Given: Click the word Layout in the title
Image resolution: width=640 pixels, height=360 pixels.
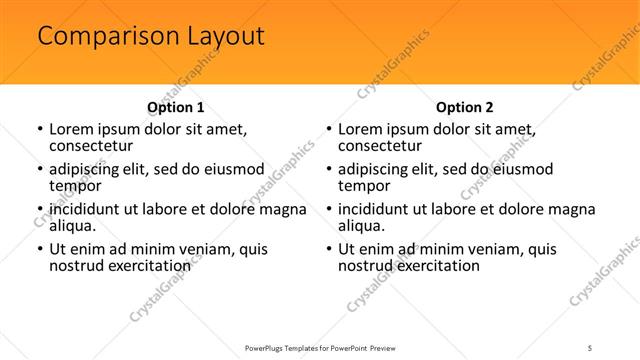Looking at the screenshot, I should (x=222, y=38).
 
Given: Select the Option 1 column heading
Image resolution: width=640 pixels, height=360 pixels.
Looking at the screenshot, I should (x=175, y=107).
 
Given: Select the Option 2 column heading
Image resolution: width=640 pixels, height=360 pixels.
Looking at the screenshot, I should (x=464, y=107).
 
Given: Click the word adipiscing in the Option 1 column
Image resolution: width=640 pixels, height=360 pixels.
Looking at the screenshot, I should (x=88, y=168).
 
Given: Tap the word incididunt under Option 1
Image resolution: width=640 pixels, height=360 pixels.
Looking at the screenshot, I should (x=88, y=209).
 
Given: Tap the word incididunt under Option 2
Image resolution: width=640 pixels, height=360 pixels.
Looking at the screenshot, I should (x=377, y=209).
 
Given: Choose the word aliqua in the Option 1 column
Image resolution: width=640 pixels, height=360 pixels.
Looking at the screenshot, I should (x=72, y=226).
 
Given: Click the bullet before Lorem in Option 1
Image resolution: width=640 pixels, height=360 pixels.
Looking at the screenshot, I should (x=38, y=129).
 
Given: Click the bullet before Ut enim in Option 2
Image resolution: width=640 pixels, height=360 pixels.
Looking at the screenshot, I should (x=327, y=249).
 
